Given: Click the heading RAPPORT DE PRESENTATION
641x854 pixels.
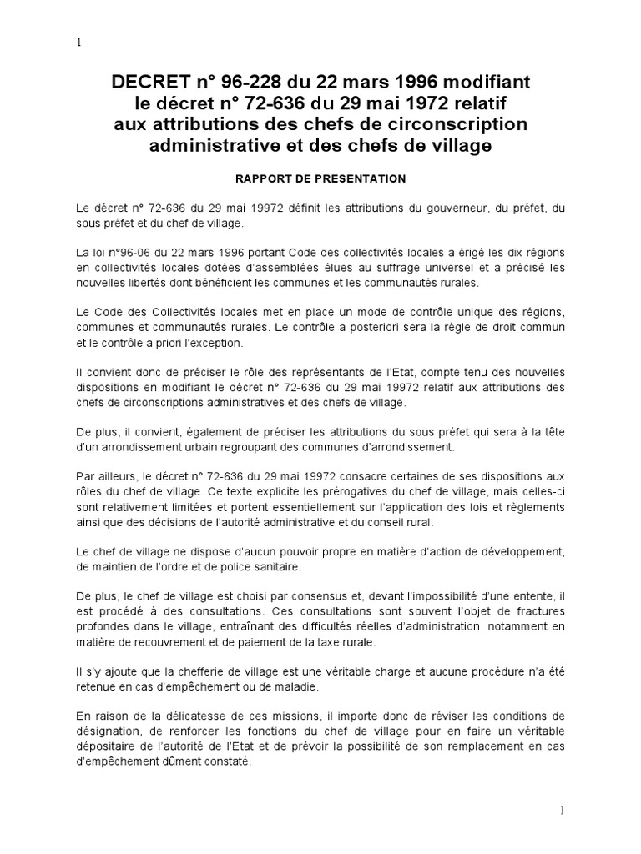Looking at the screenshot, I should point(320,178).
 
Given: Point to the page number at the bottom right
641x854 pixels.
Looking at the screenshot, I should point(562,811).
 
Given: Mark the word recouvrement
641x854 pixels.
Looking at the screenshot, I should point(173,644).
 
